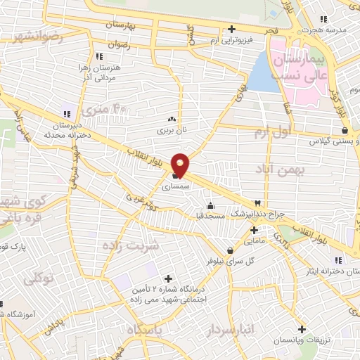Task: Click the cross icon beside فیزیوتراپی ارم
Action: (x=231, y=30)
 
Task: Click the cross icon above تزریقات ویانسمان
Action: (x=302, y=329)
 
